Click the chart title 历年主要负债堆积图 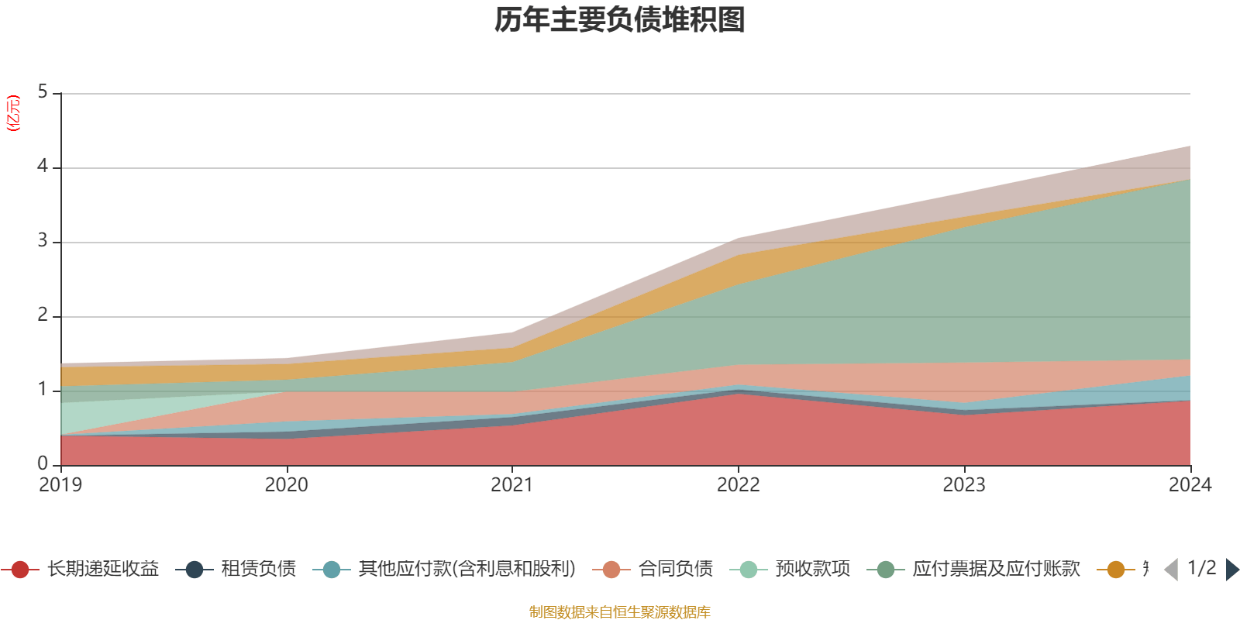coord(620,21)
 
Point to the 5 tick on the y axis coord(43,92)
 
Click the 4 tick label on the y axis coord(43,167)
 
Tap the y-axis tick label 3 coord(43,241)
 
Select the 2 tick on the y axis coord(43,315)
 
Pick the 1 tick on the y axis coord(43,390)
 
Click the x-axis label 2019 coord(60,485)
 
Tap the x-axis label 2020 coord(287,485)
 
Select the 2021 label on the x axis coord(512,485)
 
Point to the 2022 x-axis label coord(739,485)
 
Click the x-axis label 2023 coord(964,485)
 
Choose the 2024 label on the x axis coord(1190,485)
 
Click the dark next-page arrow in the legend coord(1231,570)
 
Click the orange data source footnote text coord(620,612)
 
